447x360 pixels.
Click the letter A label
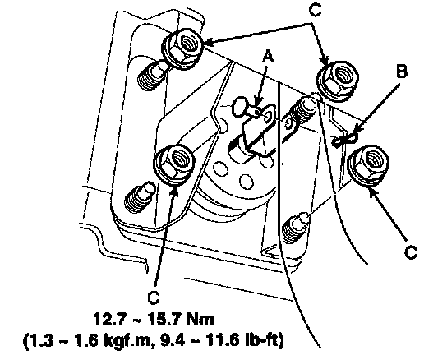pyautogui.click(x=268, y=57)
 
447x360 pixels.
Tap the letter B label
pyautogui.click(x=402, y=72)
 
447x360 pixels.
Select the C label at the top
pyautogui.click(x=315, y=11)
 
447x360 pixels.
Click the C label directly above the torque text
pyautogui.click(x=154, y=298)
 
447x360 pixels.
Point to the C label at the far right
pyautogui.click(x=411, y=252)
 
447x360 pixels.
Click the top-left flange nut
pyautogui.click(x=182, y=48)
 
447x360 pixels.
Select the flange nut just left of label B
pyautogui.click(x=338, y=81)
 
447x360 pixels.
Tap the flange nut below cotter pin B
pyautogui.click(x=369, y=166)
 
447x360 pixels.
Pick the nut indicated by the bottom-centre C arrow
pyautogui.click(x=175, y=164)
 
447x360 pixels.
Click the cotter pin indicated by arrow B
pyautogui.click(x=344, y=140)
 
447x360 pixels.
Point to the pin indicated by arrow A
pyautogui.click(x=247, y=109)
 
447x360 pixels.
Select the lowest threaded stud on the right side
pyautogui.click(x=296, y=227)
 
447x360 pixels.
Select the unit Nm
pyautogui.click(x=200, y=319)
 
